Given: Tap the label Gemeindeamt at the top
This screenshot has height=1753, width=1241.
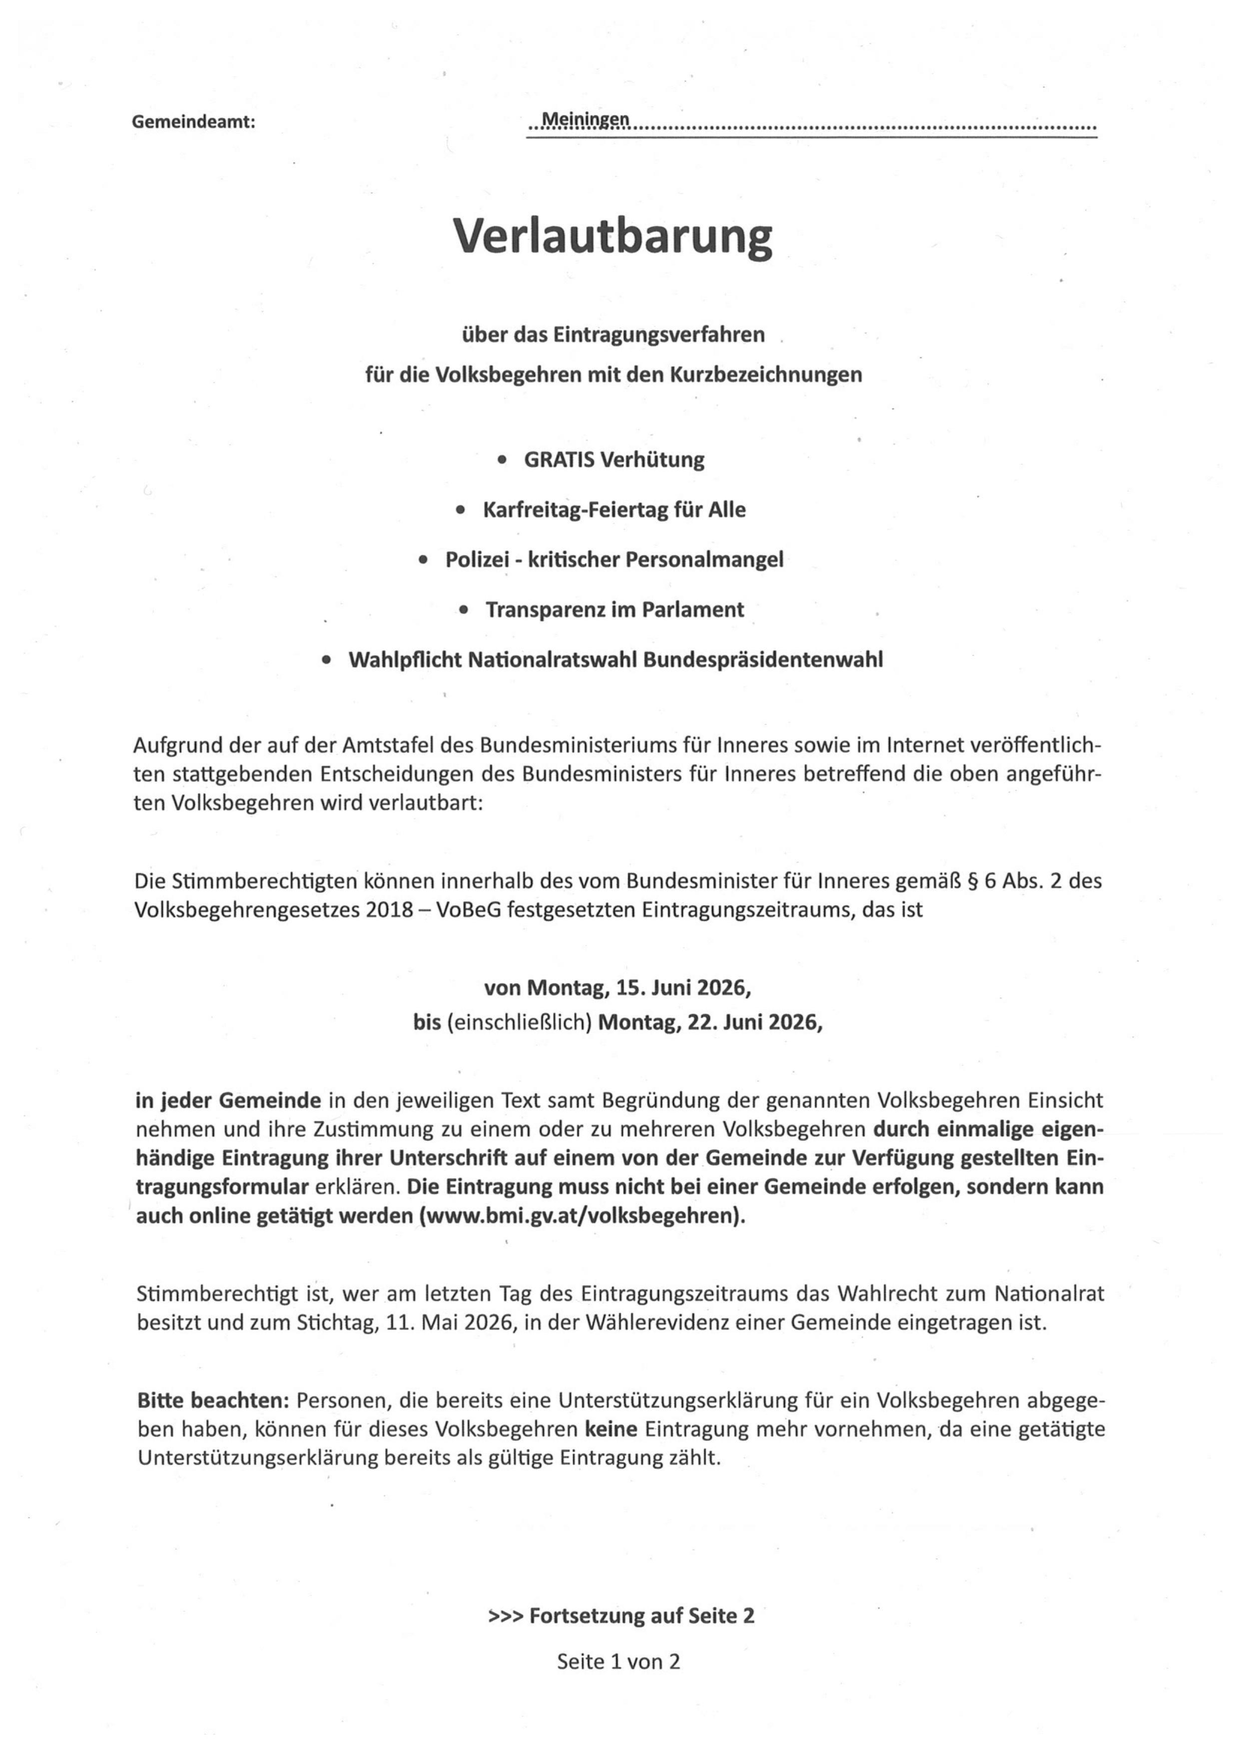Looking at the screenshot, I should tap(193, 121).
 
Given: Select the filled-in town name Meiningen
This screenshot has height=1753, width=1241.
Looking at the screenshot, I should tap(585, 119).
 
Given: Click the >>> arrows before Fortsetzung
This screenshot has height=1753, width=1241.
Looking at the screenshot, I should tap(506, 1616).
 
